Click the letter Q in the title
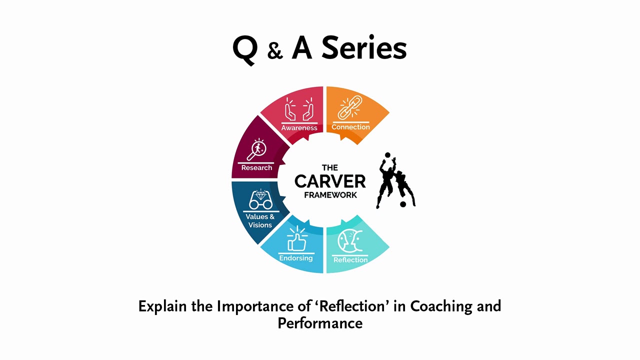pyautogui.click(x=245, y=49)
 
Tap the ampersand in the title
pyautogui.click(x=275, y=51)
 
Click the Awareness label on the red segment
pyautogui.click(x=299, y=127)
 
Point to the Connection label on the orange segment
pyautogui.click(x=350, y=127)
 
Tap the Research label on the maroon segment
pyautogui.click(x=256, y=167)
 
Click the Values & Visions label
pyautogui.click(x=260, y=221)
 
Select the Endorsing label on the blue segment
pyautogui.click(x=296, y=258)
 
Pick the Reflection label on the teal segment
pyautogui.click(x=350, y=260)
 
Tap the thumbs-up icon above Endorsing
pyautogui.click(x=297, y=239)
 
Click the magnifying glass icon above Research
pyautogui.click(x=257, y=149)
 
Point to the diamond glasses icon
pyautogui.click(x=260, y=199)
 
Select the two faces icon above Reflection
pyautogui.click(x=349, y=241)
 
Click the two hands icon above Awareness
pyautogui.click(x=299, y=109)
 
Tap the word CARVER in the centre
pyautogui.click(x=330, y=181)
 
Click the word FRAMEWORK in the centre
pyautogui.click(x=330, y=195)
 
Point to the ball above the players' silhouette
pyautogui.click(x=387, y=155)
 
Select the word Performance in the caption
pyautogui.click(x=320, y=322)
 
